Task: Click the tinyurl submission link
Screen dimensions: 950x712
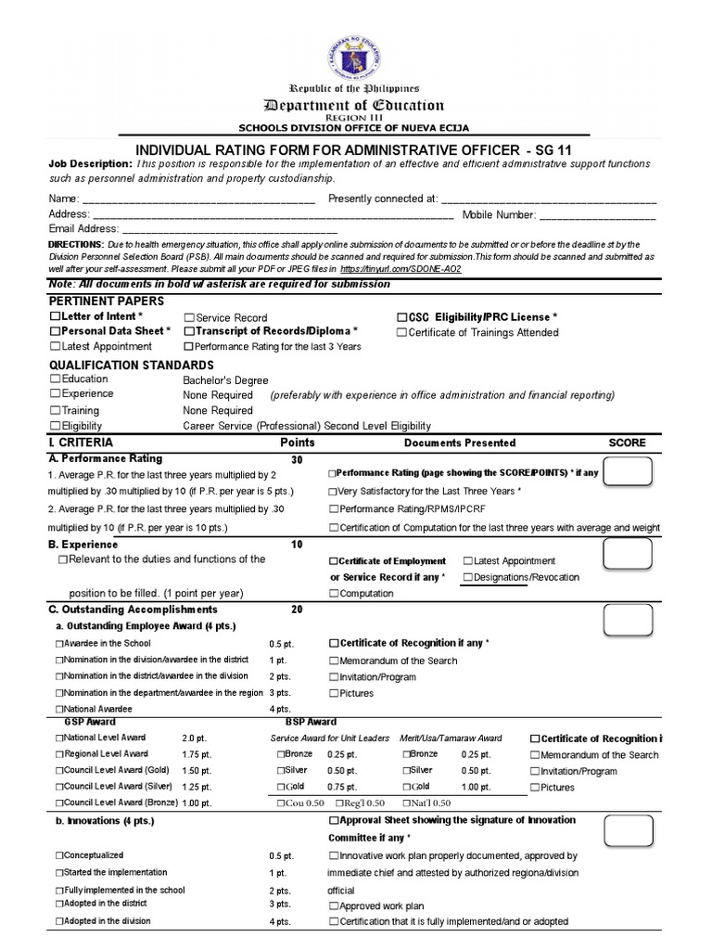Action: click(408, 268)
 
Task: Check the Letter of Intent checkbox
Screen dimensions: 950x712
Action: click(55, 317)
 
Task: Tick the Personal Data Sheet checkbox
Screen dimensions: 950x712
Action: click(55, 331)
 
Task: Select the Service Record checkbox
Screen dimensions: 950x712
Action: click(189, 317)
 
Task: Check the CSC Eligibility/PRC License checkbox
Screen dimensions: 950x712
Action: click(401, 317)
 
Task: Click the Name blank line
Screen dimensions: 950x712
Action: click(198, 199)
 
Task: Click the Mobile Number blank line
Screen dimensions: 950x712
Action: click(598, 214)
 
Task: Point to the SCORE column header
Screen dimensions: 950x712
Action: click(627, 443)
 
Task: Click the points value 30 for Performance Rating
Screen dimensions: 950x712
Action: click(297, 459)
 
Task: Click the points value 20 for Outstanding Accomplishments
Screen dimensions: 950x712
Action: click(297, 610)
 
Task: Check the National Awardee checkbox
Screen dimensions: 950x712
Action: click(59, 709)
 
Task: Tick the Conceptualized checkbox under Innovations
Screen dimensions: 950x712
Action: click(59, 855)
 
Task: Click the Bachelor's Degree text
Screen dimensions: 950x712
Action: click(225, 380)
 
